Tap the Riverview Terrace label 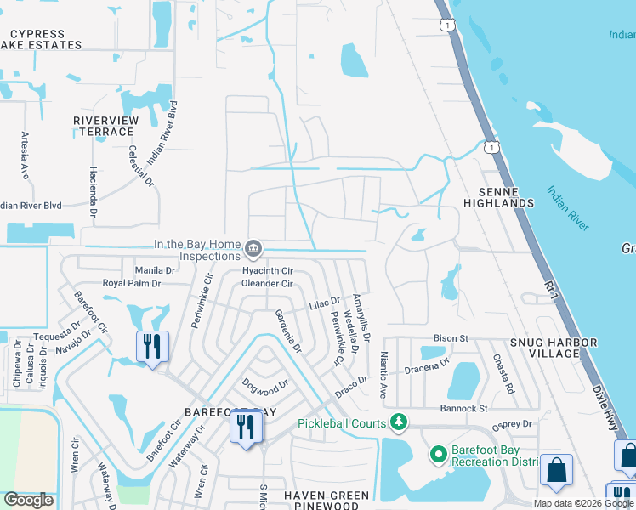(106, 127)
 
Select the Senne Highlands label (499, 197)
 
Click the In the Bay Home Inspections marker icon (253, 249)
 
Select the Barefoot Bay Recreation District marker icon (439, 455)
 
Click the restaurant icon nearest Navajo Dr (153, 347)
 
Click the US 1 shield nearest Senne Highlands (491, 148)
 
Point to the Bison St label (452, 338)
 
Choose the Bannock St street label (464, 409)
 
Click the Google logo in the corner (28, 500)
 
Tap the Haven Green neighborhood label (327, 496)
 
